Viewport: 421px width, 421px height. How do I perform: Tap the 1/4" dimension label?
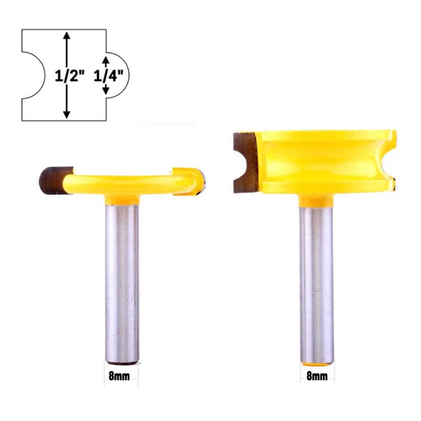click(108, 76)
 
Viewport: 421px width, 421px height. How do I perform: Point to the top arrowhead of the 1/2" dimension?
click(67, 35)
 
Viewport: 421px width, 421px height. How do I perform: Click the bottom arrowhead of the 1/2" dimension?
click(67, 114)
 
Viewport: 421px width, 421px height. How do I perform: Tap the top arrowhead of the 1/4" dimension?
click(106, 61)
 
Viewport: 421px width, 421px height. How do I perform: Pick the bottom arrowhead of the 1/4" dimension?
click(106, 90)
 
